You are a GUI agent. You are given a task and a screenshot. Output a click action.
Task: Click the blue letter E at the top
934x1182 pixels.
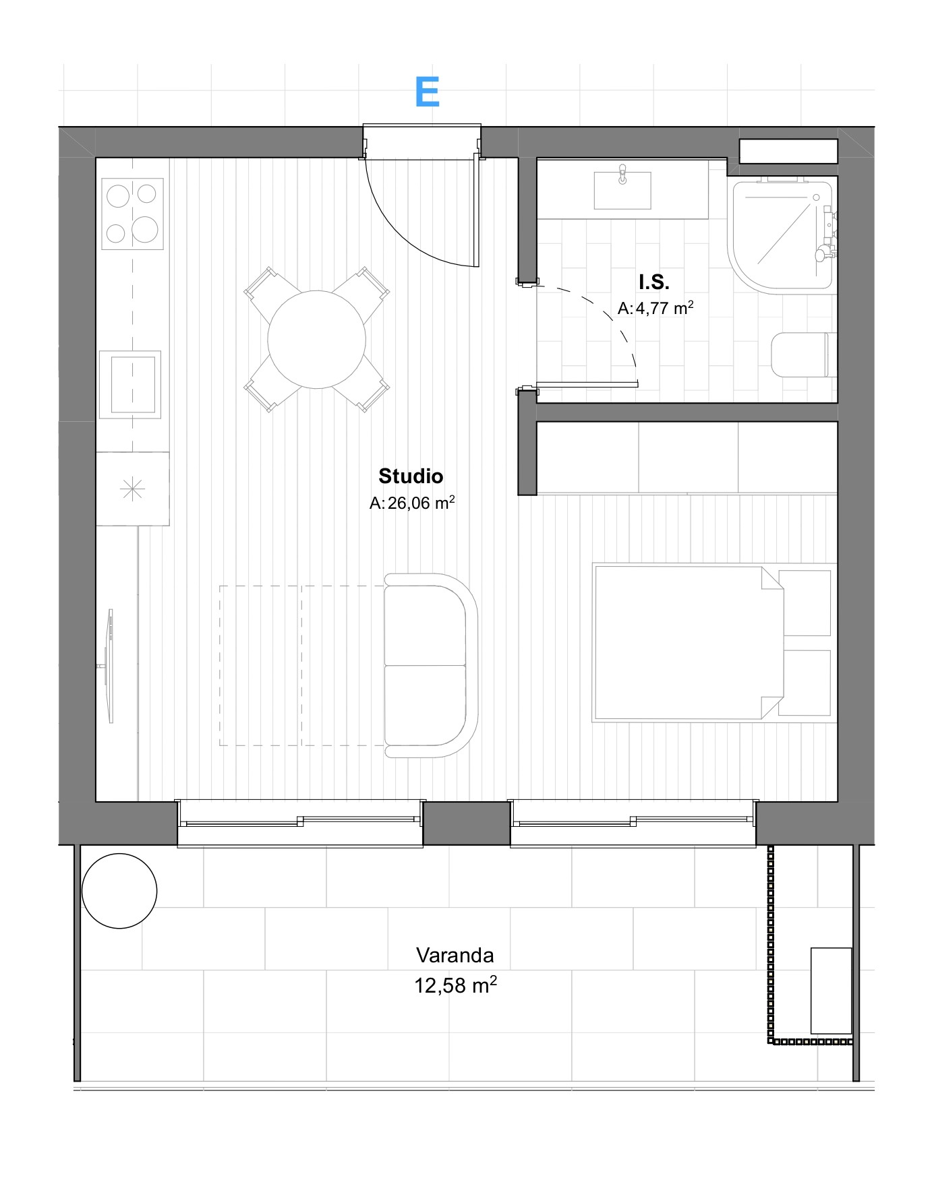[x=428, y=92]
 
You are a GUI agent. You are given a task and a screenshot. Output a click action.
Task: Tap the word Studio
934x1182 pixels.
[x=411, y=476]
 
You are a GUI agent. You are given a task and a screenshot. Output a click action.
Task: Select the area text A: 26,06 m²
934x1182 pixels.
[x=412, y=503]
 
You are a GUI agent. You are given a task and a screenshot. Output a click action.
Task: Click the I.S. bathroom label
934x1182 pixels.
[x=654, y=282]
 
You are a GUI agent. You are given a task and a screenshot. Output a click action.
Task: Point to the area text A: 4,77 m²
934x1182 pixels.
[x=655, y=308]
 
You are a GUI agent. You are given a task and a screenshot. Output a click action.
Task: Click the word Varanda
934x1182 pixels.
[x=455, y=955]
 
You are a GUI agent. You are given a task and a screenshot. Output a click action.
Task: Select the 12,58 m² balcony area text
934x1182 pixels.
[x=455, y=985]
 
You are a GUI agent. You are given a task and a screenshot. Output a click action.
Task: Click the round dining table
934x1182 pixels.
[x=316, y=340]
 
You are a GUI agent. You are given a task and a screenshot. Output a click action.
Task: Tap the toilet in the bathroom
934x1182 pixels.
[x=802, y=354]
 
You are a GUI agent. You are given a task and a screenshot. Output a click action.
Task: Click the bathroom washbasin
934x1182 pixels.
[x=622, y=190]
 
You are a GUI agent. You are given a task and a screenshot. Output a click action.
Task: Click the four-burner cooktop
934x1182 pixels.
[x=132, y=214]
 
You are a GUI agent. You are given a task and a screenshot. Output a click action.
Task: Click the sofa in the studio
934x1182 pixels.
[x=431, y=665]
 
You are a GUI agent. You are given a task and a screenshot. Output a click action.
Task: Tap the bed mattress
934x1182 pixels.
[x=688, y=642]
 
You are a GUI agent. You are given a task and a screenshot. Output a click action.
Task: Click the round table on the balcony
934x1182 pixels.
[x=119, y=891]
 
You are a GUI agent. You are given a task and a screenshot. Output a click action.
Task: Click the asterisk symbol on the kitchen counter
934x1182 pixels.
[x=132, y=489]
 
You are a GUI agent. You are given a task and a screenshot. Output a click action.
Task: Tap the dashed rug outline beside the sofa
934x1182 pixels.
[x=301, y=666]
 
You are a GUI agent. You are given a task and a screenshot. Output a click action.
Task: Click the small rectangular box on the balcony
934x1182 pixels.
[x=831, y=991]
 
